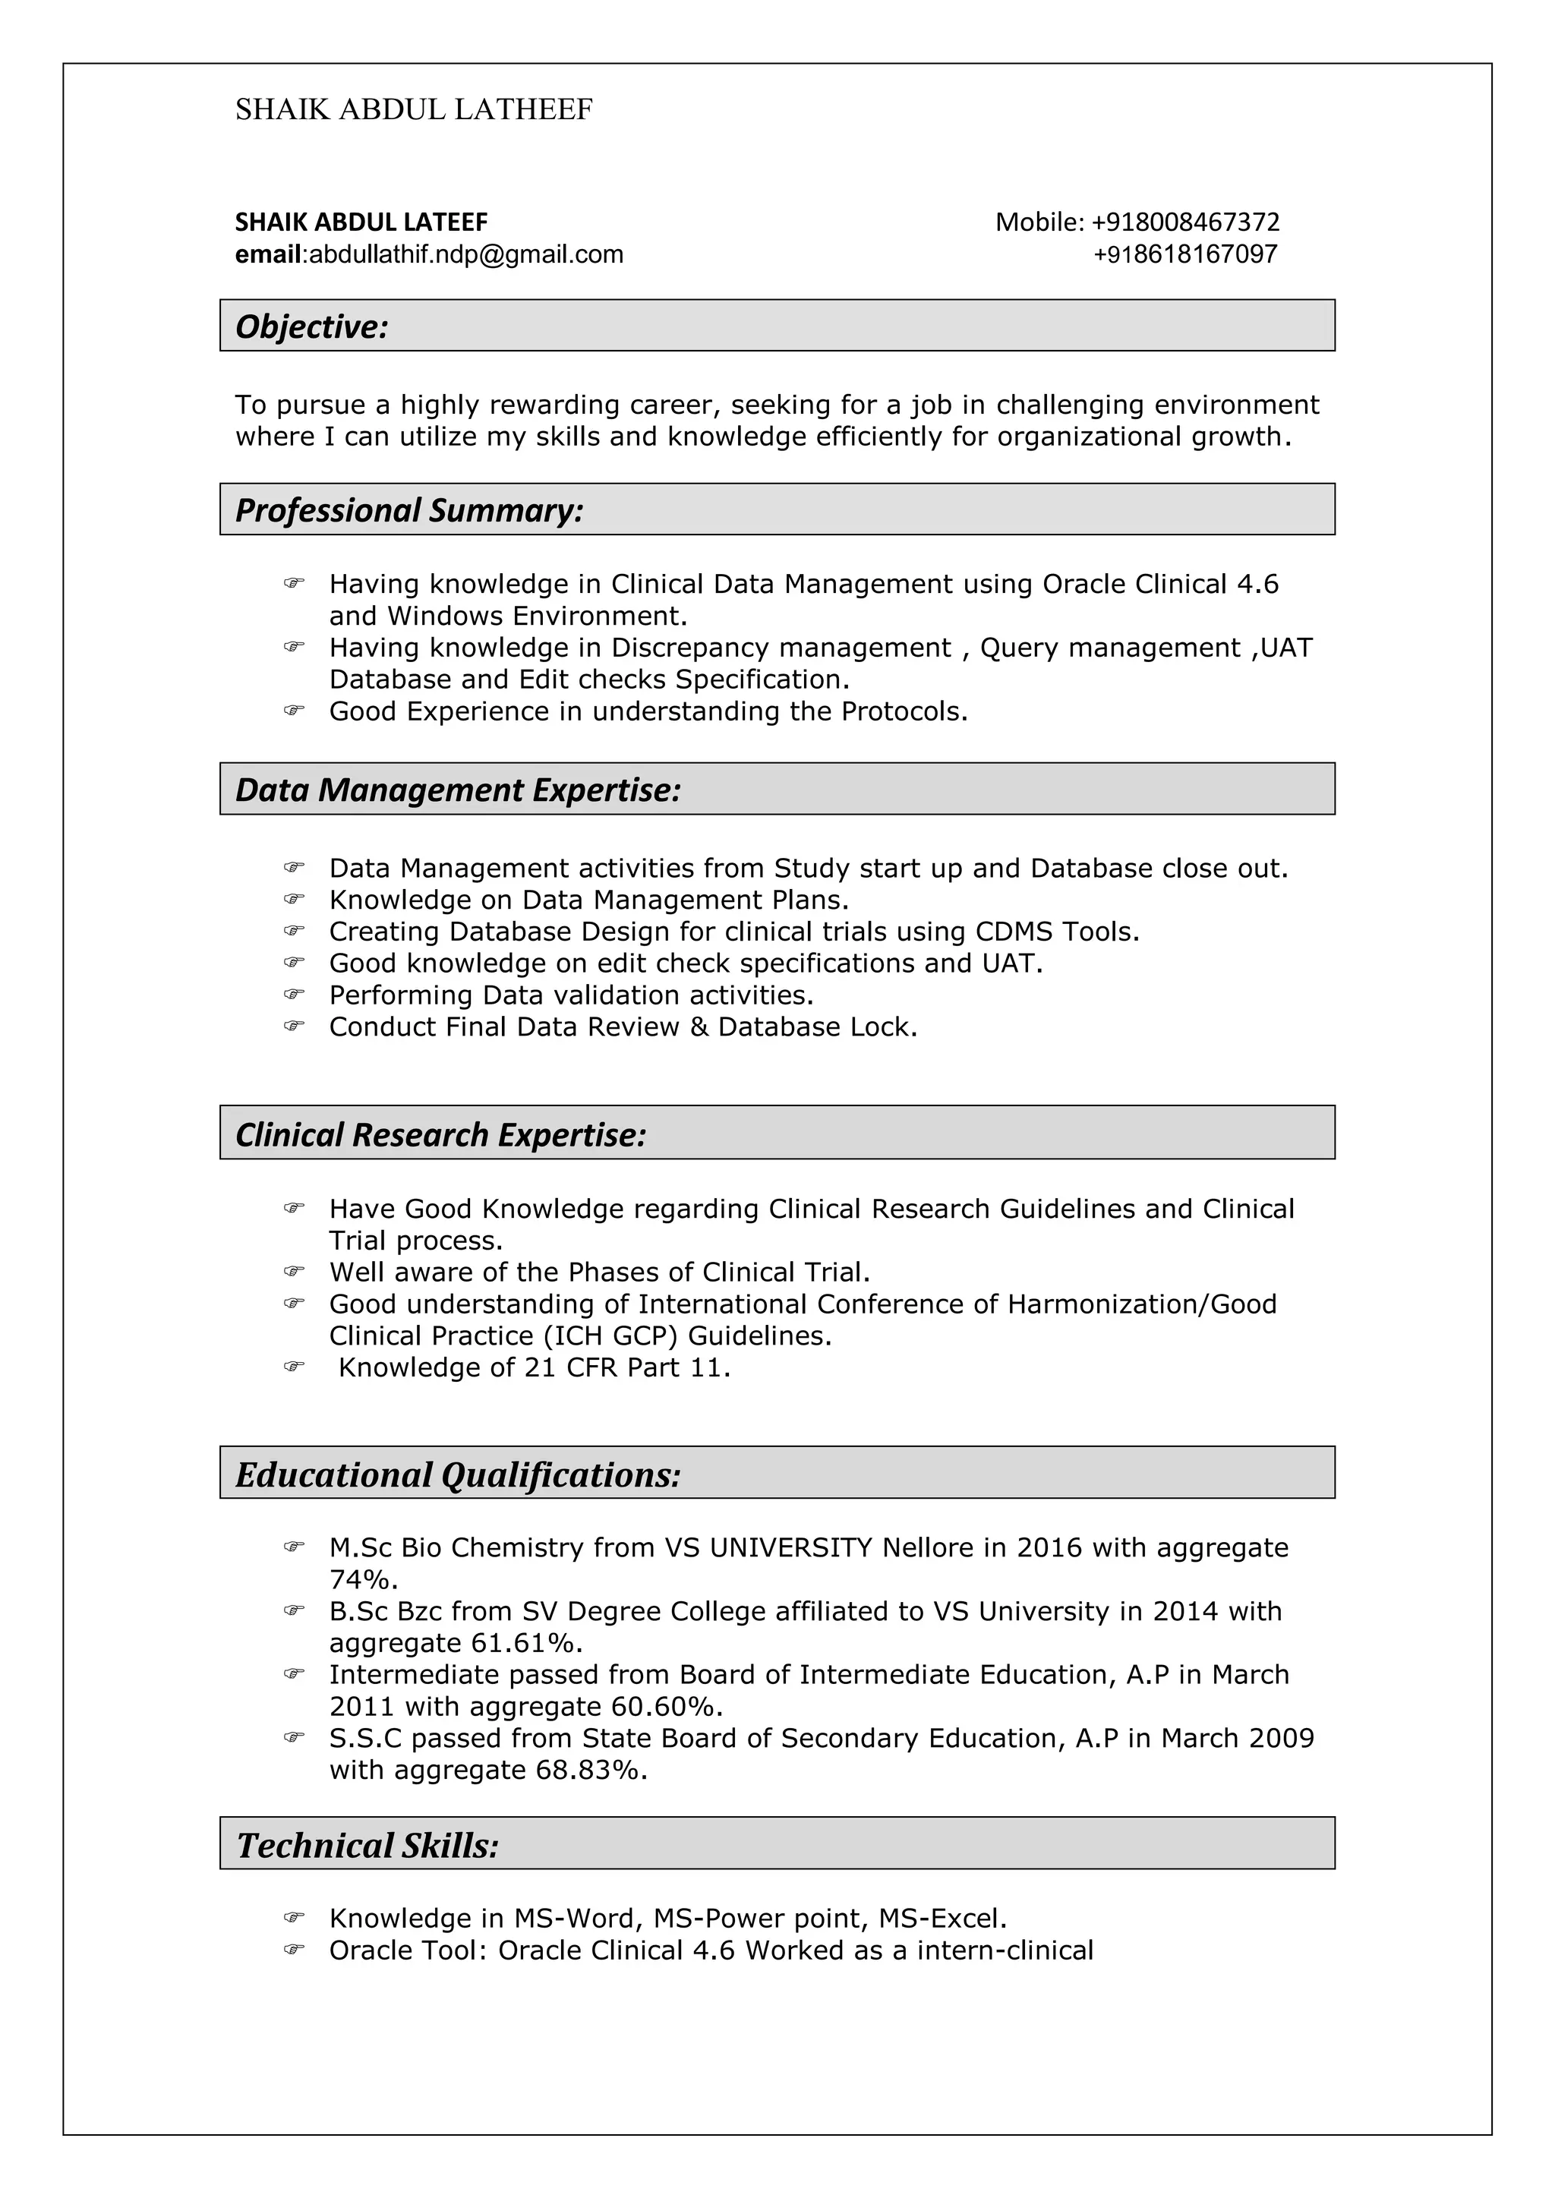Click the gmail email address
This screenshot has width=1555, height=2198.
click(x=465, y=254)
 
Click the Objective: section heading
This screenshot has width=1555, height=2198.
click(x=312, y=327)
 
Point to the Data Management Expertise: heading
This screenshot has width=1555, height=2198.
click(x=458, y=790)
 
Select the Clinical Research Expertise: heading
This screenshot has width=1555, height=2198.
click(x=440, y=1135)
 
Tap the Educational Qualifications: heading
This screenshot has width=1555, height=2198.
click(x=458, y=1475)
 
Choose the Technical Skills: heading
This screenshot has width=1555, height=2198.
click(x=367, y=1846)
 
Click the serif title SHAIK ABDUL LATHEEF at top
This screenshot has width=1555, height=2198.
click(x=414, y=110)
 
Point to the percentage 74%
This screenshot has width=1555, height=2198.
click(x=363, y=1579)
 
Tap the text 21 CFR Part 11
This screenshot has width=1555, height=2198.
click(x=627, y=1368)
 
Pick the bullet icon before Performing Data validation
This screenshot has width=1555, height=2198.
click(x=294, y=995)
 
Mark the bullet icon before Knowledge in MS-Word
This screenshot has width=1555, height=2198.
click(x=294, y=1918)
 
